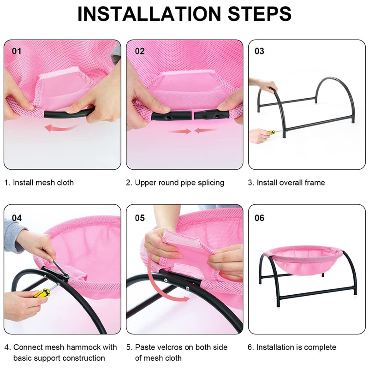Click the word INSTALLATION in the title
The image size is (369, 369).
tap(149, 14)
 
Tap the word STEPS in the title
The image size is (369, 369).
tap(260, 14)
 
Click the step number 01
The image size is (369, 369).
tap(17, 51)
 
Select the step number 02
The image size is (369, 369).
tap(140, 51)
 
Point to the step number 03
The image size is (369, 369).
tap(259, 51)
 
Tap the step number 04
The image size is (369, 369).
tap(17, 218)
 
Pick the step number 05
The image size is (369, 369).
tap(140, 218)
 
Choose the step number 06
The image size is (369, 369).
tap(259, 218)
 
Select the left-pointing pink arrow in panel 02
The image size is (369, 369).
tap(205, 130)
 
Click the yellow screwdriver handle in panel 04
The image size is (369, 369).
tap(42, 293)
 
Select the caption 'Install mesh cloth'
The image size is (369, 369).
tap(43, 183)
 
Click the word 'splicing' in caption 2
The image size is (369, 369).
tap(211, 183)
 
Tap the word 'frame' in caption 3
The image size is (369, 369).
tap(315, 183)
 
